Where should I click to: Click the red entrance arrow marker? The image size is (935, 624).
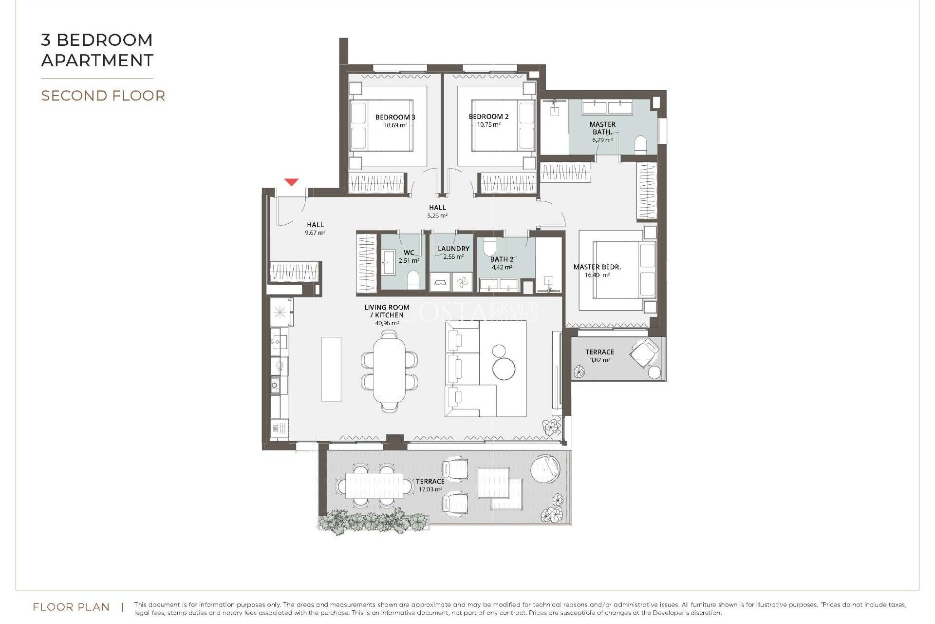click(x=291, y=182)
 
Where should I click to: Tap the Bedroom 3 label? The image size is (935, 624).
click(x=395, y=117)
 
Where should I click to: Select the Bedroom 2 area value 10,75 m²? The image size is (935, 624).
click(x=488, y=125)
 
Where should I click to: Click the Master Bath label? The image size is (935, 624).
click(x=602, y=128)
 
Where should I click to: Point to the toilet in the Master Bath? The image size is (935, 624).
click(x=640, y=145)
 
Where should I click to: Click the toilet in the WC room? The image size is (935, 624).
click(x=413, y=280)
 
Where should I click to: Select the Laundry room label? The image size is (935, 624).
click(x=453, y=249)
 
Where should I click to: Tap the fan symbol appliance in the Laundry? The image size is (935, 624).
click(x=462, y=282)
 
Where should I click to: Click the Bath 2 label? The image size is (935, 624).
click(x=502, y=259)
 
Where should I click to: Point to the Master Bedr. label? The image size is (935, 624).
click(x=597, y=267)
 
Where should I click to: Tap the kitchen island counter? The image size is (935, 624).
click(x=331, y=369)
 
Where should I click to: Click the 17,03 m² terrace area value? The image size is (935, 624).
click(x=430, y=489)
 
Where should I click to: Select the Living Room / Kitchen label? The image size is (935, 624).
click(x=387, y=311)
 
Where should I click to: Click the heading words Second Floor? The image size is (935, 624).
click(x=103, y=96)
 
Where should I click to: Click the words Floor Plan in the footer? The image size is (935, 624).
click(x=71, y=607)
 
